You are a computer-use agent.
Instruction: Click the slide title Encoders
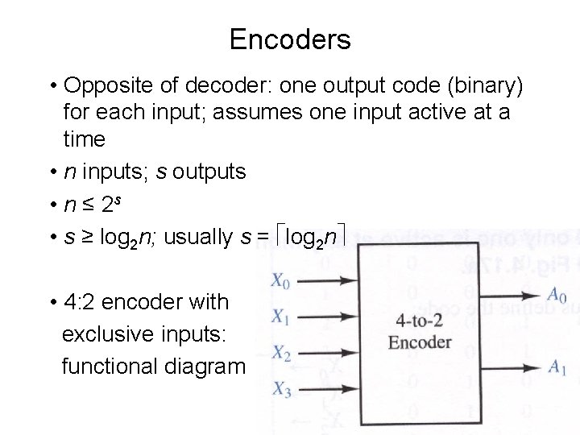(x=289, y=39)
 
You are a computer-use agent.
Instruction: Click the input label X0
(x=279, y=282)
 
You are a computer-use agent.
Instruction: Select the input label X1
(x=279, y=317)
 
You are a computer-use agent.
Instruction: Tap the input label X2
(x=279, y=352)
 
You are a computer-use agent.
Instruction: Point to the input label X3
(x=279, y=389)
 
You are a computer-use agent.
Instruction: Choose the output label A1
(x=556, y=367)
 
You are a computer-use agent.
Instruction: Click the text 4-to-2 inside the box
(x=419, y=318)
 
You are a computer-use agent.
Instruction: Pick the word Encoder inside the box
(x=420, y=342)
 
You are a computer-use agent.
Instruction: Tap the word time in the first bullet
(x=85, y=139)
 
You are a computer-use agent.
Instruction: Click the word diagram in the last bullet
(x=211, y=366)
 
